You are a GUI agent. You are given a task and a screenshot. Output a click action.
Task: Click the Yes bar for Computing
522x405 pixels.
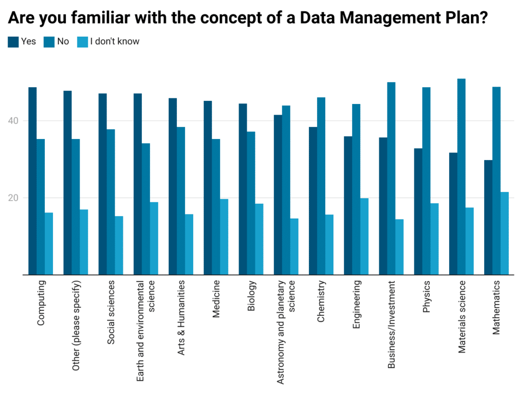pyautogui.click(x=32, y=181)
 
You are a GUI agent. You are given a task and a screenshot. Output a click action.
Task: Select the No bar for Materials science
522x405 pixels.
pyautogui.click(x=461, y=177)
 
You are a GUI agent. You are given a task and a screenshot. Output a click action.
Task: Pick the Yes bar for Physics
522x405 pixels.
pyautogui.click(x=418, y=211)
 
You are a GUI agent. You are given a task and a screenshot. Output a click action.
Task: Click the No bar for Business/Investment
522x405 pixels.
pyautogui.click(x=391, y=178)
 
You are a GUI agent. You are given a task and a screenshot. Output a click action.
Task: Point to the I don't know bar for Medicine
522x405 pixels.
pyautogui.click(x=224, y=237)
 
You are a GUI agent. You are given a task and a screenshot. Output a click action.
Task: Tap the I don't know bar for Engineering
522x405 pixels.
pyautogui.click(x=364, y=236)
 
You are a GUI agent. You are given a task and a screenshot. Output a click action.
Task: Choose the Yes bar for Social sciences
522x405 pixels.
pyautogui.click(x=102, y=184)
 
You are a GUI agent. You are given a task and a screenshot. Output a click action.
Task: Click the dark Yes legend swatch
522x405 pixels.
pyautogui.click(x=13, y=42)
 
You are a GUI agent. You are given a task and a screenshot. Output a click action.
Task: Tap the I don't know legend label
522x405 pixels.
pyautogui.click(x=114, y=42)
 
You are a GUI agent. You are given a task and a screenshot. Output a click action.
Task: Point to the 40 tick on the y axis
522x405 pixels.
pyautogui.click(x=14, y=121)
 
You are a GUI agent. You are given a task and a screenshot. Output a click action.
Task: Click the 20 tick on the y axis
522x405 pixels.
pyautogui.click(x=14, y=198)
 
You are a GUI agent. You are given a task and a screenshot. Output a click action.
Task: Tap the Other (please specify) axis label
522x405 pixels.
pyautogui.click(x=76, y=325)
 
